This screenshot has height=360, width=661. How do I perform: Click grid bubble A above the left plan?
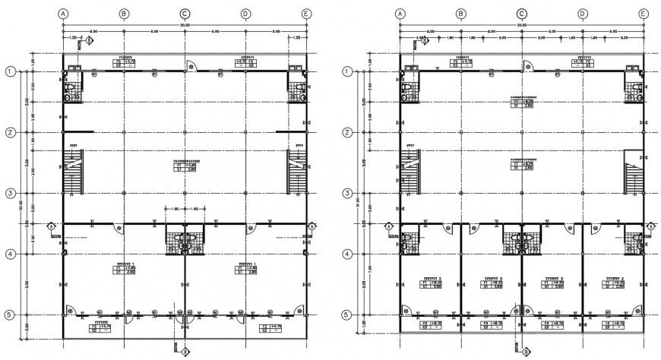[63, 14]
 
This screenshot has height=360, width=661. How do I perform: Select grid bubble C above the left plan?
[185, 14]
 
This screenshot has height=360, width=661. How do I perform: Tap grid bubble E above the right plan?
[643, 14]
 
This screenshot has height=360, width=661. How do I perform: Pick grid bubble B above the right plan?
[460, 14]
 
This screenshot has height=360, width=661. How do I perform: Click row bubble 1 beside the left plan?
[10, 71]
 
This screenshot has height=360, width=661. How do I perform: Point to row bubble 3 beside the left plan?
[10, 193]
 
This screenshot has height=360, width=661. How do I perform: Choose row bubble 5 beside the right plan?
[345, 314]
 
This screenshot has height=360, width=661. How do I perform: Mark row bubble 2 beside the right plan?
[345, 132]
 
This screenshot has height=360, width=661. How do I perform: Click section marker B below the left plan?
[185, 351]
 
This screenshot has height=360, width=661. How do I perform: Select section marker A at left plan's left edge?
[51, 226]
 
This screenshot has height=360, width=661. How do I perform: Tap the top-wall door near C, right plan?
[525, 67]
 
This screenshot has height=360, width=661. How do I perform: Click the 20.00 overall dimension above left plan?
[185, 25]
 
